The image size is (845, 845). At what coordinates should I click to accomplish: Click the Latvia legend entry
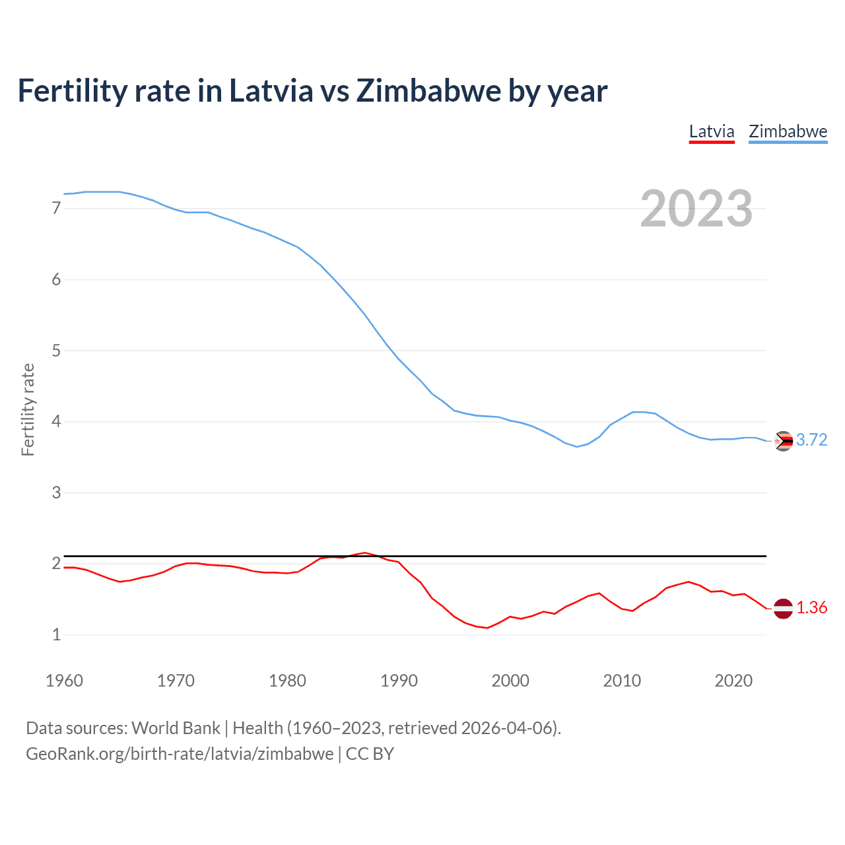point(712,131)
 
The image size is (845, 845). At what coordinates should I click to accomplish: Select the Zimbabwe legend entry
point(788,131)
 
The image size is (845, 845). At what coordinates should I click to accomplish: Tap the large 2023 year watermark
point(696,209)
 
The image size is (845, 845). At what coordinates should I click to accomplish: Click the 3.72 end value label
point(811,440)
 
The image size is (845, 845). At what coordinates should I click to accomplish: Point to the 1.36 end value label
point(811,608)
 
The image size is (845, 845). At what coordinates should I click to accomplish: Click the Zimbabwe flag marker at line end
point(783,441)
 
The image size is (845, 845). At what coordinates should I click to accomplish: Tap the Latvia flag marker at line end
point(783,609)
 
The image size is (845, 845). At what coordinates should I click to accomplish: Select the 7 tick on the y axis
point(56,209)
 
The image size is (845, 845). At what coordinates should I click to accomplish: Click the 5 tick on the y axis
point(56,351)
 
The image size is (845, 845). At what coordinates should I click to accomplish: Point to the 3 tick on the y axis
point(56,492)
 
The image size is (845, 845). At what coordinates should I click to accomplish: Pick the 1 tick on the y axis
point(56,635)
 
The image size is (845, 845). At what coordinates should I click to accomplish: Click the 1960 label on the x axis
point(64,681)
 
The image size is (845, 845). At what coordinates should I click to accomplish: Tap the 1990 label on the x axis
point(399,681)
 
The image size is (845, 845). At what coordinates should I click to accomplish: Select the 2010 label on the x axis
point(622,681)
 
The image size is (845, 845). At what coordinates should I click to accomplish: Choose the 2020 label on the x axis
point(733,681)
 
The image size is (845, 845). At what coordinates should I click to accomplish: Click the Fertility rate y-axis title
point(28,409)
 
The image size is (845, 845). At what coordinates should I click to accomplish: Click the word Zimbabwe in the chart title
point(428,91)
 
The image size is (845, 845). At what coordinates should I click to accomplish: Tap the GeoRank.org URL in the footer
point(180,754)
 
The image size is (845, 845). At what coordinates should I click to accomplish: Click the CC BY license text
point(370,754)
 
